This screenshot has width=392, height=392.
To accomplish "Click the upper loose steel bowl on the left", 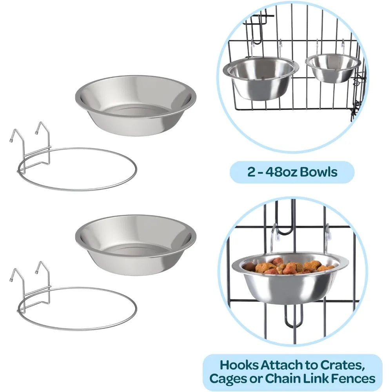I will coord(135,105).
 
